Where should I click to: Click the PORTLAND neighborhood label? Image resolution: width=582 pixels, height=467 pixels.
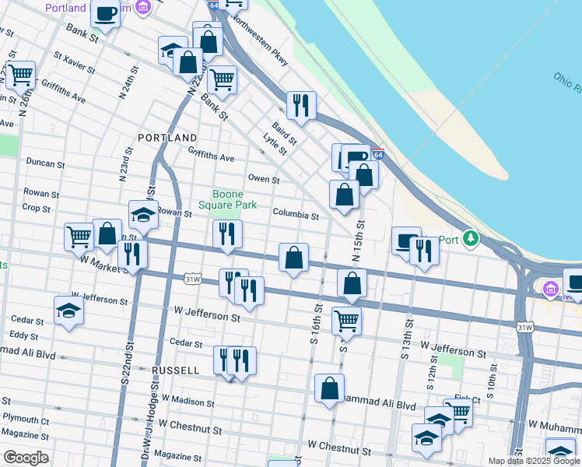[x=167, y=138]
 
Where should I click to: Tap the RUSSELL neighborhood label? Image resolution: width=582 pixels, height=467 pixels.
[x=177, y=371]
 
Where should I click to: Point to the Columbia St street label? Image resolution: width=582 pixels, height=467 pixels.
[x=296, y=215]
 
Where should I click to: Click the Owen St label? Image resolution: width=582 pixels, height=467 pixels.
[x=264, y=180]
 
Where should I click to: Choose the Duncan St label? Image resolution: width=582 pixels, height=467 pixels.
[x=45, y=164]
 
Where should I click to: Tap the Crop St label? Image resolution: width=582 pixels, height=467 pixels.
[x=36, y=209]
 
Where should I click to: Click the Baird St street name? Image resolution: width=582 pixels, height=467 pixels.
[x=284, y=133]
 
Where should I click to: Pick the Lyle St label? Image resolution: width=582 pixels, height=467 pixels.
[x=275, y=145]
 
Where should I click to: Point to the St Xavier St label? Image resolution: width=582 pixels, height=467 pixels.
[x=74, y=65]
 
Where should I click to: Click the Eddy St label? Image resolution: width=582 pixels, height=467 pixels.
[x=24, y=335]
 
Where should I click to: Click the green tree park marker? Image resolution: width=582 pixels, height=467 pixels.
[x=470, y=237]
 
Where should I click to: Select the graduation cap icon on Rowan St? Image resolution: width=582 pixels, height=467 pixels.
[x=143, y=214]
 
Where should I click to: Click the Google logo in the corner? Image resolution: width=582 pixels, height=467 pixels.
[x=25, y=458]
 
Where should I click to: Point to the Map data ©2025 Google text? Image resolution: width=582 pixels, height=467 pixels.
[x=533, y=460]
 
